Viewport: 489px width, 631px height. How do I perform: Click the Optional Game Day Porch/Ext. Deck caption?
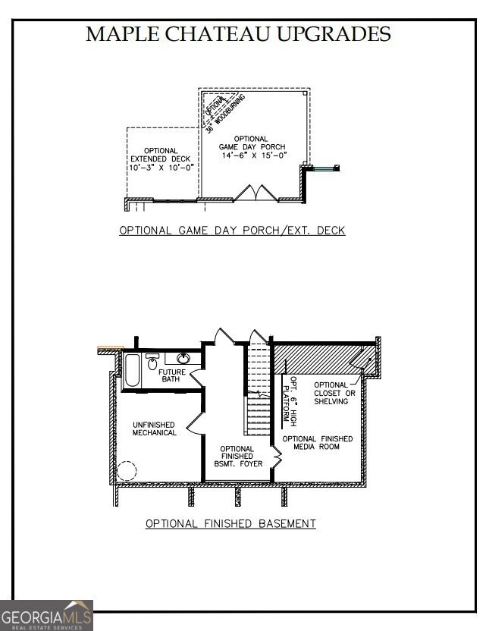click(x=232, y=230)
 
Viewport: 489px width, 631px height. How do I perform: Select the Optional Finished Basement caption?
click(x=230, y=523)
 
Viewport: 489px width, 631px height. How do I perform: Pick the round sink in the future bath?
click(x=183, y=359)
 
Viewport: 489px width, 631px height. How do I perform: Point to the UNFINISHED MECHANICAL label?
click(x=155, y=429)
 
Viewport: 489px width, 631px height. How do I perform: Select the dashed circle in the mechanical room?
click(x=127, y=470)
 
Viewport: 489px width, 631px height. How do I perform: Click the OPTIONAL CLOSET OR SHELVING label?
click(x=331, y=393)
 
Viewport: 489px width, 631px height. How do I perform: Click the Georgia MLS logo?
click(x=46, y=614)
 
